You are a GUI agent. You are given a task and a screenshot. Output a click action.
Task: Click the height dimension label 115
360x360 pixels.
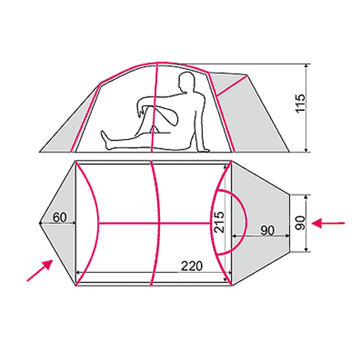(x=300, y=103)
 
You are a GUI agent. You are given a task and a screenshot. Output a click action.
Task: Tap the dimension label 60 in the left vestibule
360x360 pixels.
(x=60, y=217)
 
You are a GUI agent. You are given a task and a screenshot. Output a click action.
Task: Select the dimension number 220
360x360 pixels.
(x=192, y=266)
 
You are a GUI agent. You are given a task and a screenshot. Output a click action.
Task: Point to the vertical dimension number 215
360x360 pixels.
(x=219, y=222)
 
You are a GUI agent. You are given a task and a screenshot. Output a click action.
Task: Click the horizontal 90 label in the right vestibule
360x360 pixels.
(x=267, y=230)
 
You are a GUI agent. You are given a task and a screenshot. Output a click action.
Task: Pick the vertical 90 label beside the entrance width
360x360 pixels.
(x=300, y=222)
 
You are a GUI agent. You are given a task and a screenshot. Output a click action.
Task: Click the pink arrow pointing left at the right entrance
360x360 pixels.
(x=328, y=223)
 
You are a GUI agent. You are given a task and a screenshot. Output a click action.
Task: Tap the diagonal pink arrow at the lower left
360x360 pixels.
(x=40, y=270)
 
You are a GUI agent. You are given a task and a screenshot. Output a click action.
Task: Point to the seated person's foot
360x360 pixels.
(x=105, y=140)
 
